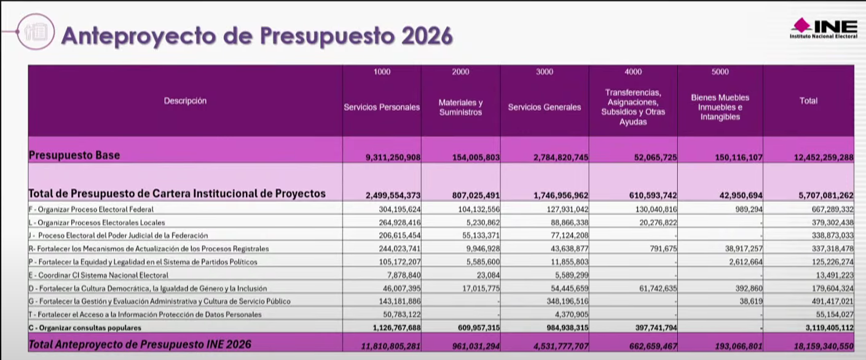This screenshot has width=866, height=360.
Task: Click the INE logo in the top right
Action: point(823,28)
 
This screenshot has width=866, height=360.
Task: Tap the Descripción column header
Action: point(185,101)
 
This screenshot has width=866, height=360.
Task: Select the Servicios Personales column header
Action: point(382,108)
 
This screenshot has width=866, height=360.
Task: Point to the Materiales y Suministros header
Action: point(460,108)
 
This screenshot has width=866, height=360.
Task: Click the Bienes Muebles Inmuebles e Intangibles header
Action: point(720,108)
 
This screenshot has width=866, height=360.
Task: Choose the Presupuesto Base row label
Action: point(74,156)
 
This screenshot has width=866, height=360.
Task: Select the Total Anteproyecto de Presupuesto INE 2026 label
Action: point(140,345)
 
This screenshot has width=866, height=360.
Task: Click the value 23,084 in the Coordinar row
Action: point(487,275)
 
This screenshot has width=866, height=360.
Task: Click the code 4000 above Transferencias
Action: point(633,72)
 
